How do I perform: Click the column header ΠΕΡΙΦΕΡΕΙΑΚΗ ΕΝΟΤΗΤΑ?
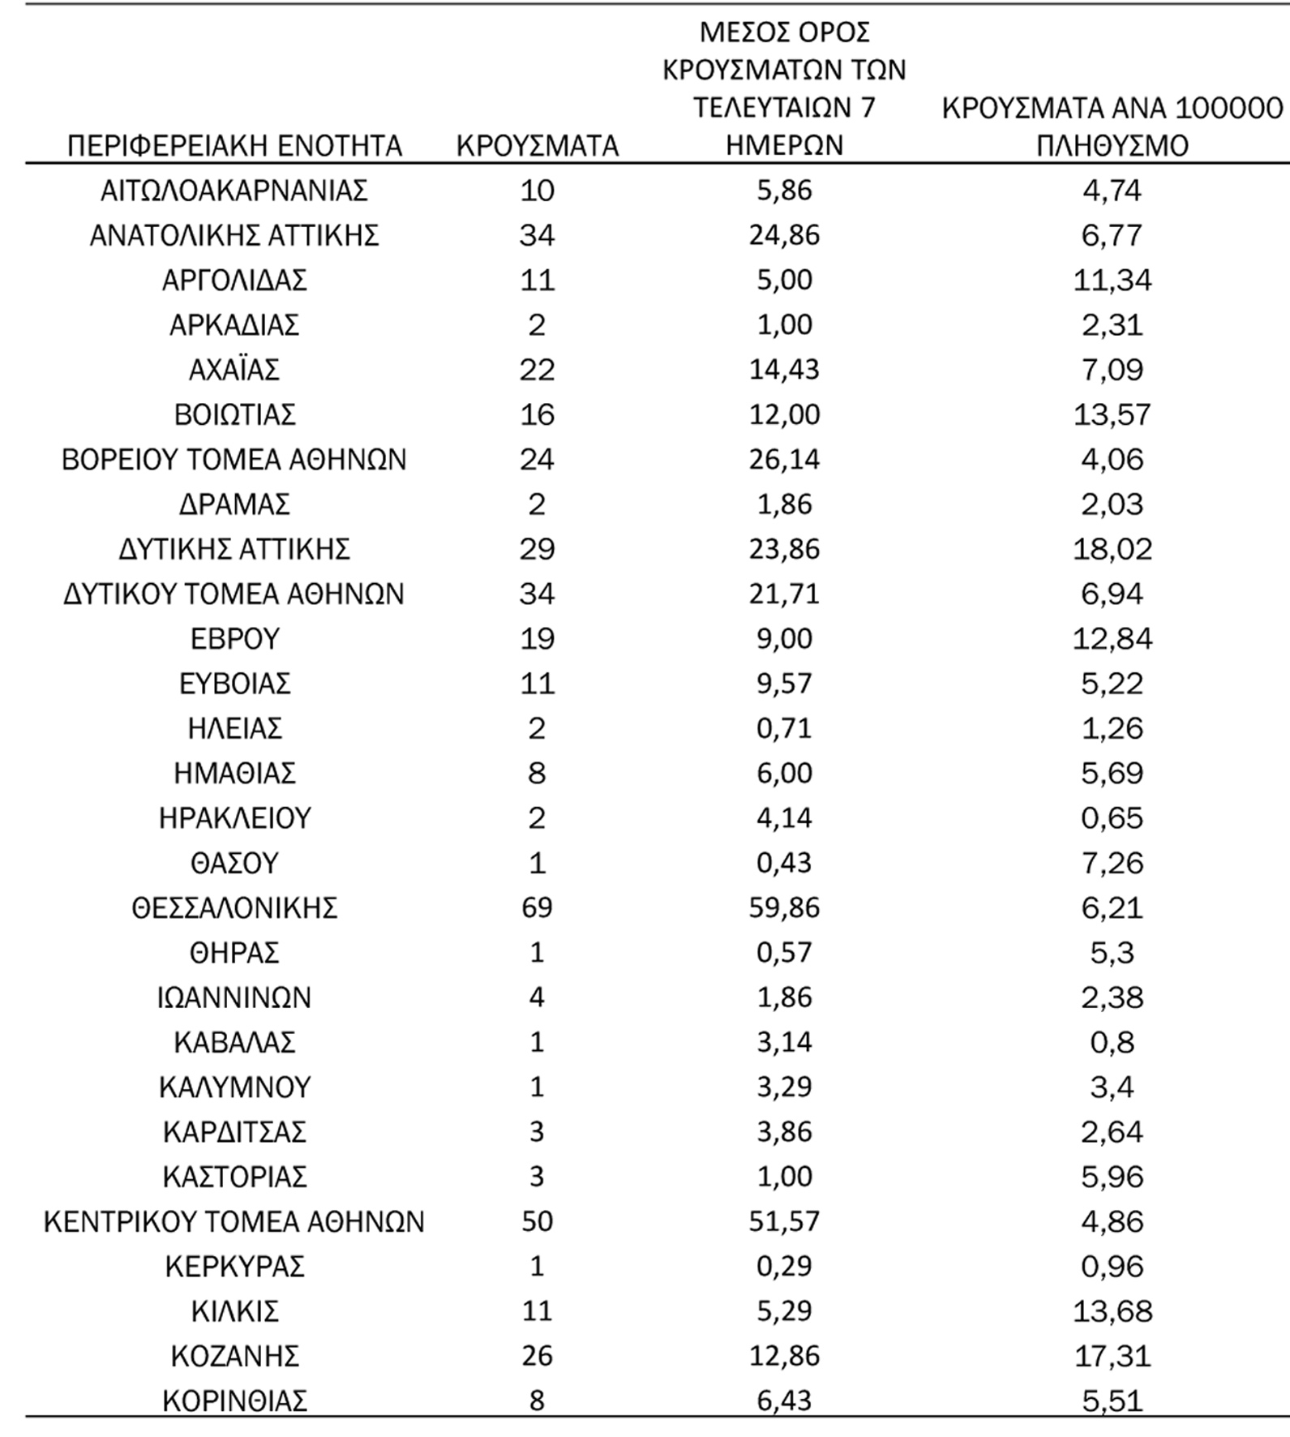pos(234,146)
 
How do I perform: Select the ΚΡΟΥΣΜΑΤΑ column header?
pos(537,146)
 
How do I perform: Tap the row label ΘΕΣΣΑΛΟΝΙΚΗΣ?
pos(234,907)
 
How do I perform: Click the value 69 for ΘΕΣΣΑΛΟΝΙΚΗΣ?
pos(537,907)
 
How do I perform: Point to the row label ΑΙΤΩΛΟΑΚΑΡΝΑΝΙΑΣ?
pos(234,191)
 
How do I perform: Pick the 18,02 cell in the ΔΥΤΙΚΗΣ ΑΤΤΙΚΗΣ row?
pos(1112,549)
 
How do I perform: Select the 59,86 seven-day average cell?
pos(784,907)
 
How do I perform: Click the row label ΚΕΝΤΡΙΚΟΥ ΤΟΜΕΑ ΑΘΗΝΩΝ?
pos(234,1221)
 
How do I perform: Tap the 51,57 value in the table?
pos(784,1221)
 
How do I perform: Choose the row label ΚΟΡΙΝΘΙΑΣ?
pos(234,1401)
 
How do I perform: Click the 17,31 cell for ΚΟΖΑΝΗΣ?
pos(1112,1356)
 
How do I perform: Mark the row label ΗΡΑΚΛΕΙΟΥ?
pos(234,818)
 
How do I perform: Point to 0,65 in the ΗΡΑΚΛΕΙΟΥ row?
pos(1112,818)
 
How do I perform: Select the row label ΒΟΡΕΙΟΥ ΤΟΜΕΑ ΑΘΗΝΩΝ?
pos(234,460)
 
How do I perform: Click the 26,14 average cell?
pos(784,460)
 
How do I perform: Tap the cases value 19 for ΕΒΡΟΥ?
pos(537,639)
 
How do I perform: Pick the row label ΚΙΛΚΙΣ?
pos(234,1311)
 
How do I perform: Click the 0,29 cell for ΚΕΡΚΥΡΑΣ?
pos(784,1267)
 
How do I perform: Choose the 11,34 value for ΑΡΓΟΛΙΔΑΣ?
pos(1112,281)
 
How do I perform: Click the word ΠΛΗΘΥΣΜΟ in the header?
pos(1112,146)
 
